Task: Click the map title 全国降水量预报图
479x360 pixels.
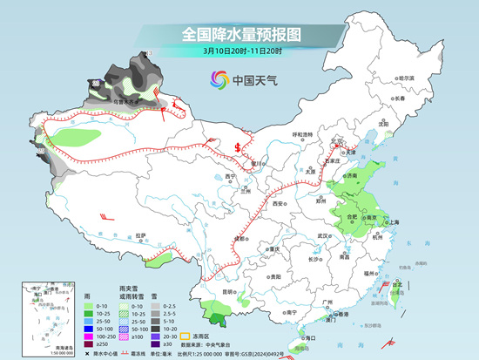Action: click(x=239, y=35)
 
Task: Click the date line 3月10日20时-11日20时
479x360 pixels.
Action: click(x=239, y=51)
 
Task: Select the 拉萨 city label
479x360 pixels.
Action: click(x=141, y=234)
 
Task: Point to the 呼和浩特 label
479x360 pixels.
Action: click(x=302, y=134)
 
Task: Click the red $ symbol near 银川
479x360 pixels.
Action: click(x=237, y=146)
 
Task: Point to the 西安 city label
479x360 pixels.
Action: click(x=279, y=201)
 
